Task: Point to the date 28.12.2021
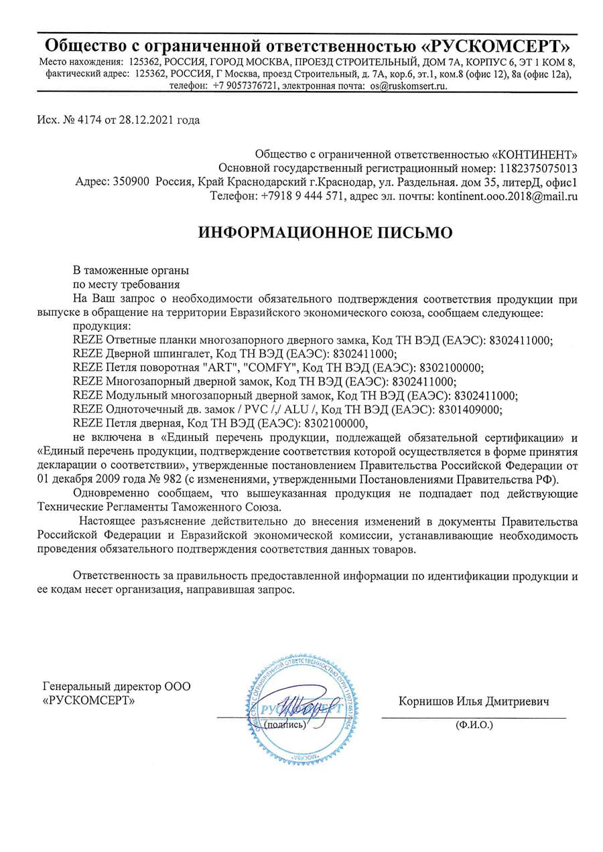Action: (x=145, y=120)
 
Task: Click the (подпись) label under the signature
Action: (x=287, y=724)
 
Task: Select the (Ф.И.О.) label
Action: (x=473, y=724)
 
